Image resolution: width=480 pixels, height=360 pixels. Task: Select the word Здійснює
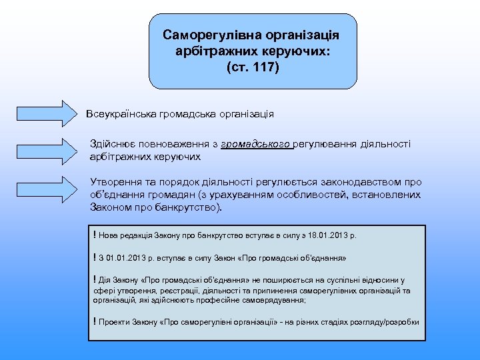click(111, 143)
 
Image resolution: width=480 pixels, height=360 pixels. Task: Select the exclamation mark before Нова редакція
click(95, 235)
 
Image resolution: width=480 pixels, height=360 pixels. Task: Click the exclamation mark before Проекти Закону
click(95, 321)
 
